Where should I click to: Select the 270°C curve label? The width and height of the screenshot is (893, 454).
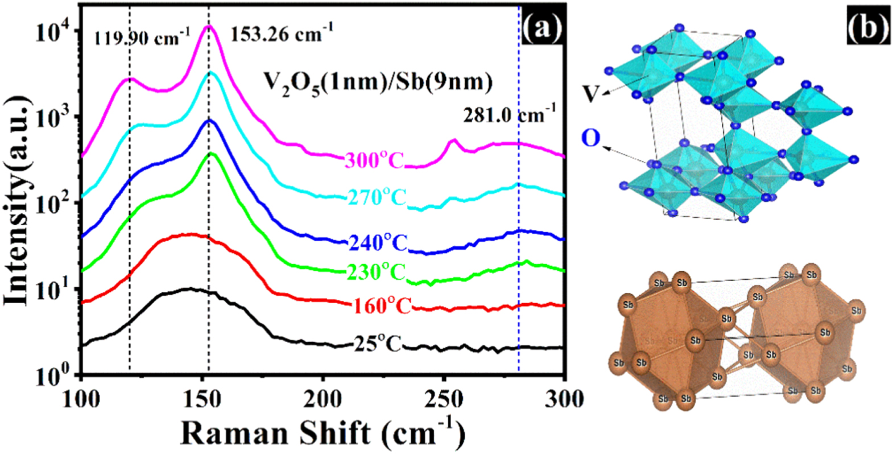[376, 197]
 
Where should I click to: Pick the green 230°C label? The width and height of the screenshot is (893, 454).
[376, 272]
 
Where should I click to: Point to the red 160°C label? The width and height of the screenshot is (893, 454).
[382, 306]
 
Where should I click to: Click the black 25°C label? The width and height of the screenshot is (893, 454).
[377, 344]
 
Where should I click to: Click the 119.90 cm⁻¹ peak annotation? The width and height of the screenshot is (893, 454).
[141, 38]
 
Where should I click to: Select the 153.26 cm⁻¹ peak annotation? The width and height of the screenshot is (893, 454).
[281, 34]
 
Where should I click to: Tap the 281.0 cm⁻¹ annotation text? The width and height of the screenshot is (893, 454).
[509, 115]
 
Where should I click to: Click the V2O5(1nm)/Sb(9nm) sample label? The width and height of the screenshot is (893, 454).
[377, 84]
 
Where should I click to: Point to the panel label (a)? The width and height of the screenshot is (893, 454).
[541, 27]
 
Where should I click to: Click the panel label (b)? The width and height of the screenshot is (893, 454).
[867, 27]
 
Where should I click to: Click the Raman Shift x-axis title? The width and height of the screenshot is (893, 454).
[323, 434]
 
